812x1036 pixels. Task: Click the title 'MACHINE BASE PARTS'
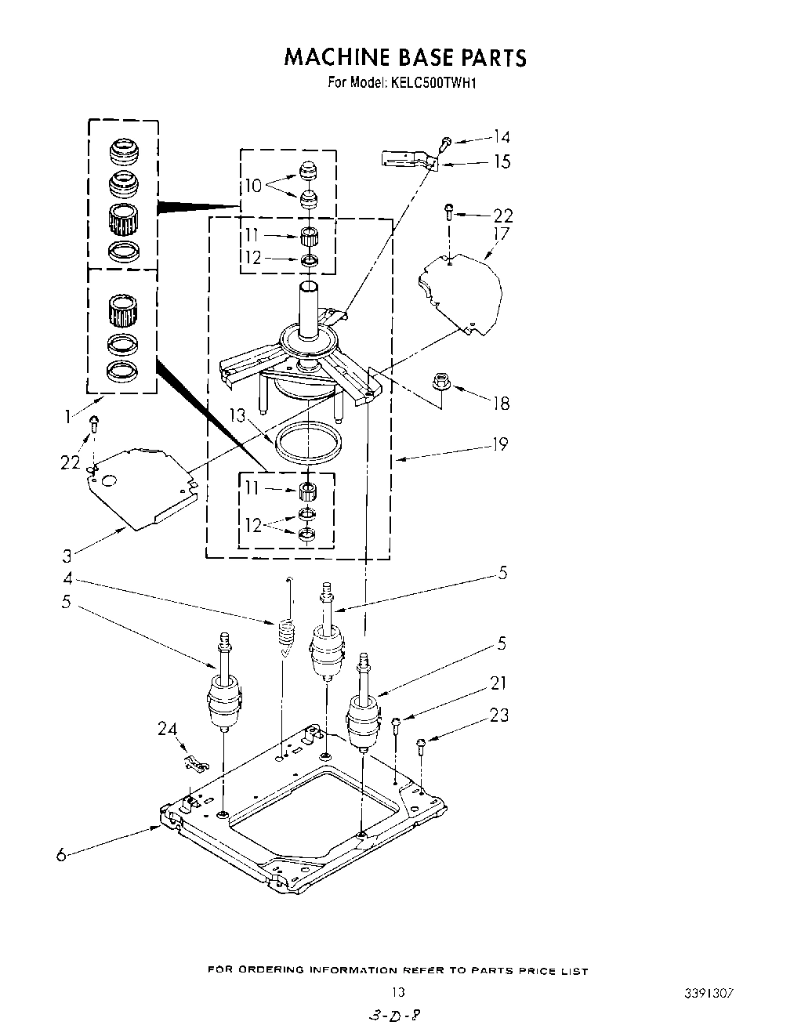coord(404,57)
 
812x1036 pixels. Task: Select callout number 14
coord(501,137)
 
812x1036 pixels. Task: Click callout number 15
coord(501,161)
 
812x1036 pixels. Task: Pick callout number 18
coord(500,403)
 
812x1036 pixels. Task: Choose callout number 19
coord(500,444)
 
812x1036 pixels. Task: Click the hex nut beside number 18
coord(440,382)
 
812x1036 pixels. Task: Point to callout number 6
coord(60,854)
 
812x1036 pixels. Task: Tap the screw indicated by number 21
coord(397,725)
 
